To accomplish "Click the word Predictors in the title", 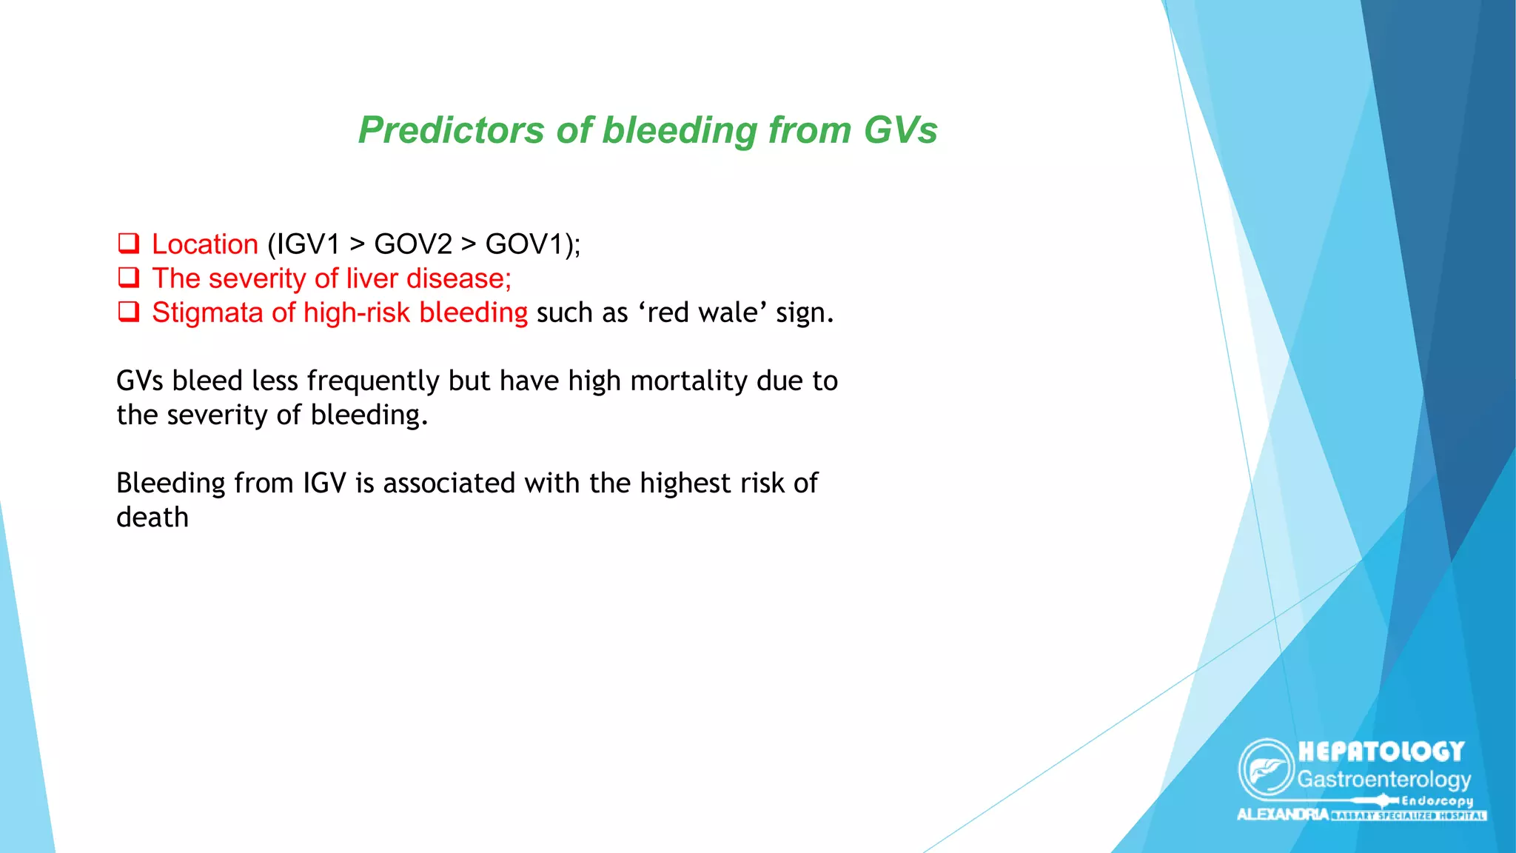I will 451,130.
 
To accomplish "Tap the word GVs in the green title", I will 900,130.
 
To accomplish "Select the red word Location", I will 204,244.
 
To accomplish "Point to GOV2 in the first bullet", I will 413,244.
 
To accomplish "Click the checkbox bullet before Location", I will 129,243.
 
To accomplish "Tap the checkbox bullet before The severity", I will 129,278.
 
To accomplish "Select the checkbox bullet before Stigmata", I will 129,312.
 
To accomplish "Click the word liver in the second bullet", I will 372,278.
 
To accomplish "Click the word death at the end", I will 152,518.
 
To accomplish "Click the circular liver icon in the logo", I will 1267,768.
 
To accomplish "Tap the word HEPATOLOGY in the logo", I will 1381,752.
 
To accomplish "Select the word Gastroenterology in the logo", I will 1383,780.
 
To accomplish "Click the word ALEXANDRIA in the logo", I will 1283,814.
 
